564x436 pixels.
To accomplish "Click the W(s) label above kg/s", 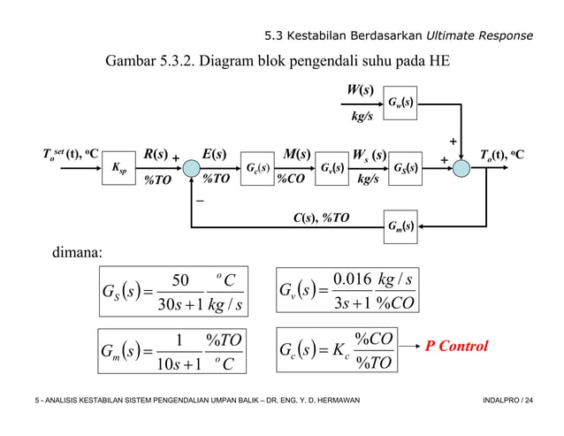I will point(362,89).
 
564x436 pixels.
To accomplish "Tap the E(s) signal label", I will point(217,155).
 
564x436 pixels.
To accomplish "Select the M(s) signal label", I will point(294,155).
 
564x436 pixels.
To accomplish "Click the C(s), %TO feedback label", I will point(321,217).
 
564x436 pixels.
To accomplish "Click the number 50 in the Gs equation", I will point(180,280).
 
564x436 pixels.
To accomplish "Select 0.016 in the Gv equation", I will point(356,280).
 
